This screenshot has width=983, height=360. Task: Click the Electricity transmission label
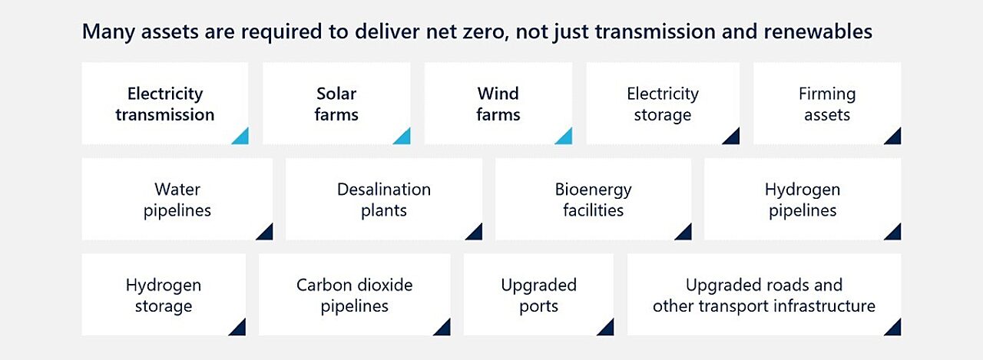(165, 104)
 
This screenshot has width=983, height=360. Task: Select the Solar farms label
(336, 104)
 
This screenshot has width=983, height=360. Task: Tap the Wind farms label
(498, 104)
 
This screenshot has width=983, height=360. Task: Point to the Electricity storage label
(663, 104)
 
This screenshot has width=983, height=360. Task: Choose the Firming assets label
(827, 104)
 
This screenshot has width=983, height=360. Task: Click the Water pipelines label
(177, 200)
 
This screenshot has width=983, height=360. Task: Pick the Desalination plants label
(384, 200)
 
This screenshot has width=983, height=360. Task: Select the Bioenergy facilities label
(594, 200)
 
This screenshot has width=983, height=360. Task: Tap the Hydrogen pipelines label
(803, 200)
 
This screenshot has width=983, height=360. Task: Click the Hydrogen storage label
(164, 296)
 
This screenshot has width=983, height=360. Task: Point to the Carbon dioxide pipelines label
(355, 296)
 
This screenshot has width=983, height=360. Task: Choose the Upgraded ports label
(539, 296)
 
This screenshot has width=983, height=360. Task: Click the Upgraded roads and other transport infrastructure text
(764, 296)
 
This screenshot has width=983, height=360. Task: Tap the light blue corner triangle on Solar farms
(404, 138)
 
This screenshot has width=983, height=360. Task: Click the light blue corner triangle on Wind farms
(566, 138)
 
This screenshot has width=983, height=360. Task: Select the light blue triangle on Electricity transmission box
(242, 138)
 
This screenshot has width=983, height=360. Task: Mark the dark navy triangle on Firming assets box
(895, 138)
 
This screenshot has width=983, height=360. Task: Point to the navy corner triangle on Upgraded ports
(607, 329)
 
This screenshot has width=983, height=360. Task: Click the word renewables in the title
(819, 31)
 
